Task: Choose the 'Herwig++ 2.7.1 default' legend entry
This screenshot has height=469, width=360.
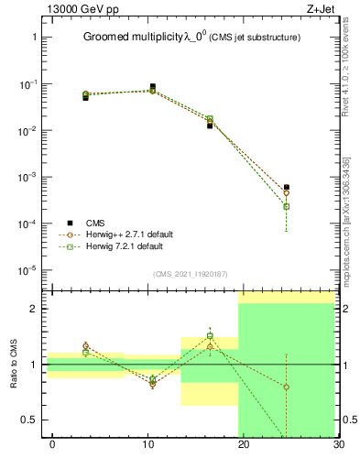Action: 136,234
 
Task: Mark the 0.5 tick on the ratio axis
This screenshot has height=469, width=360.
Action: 33,420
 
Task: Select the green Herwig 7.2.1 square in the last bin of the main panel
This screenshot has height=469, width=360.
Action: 286,206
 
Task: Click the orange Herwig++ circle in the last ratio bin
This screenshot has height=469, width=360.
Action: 286,387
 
